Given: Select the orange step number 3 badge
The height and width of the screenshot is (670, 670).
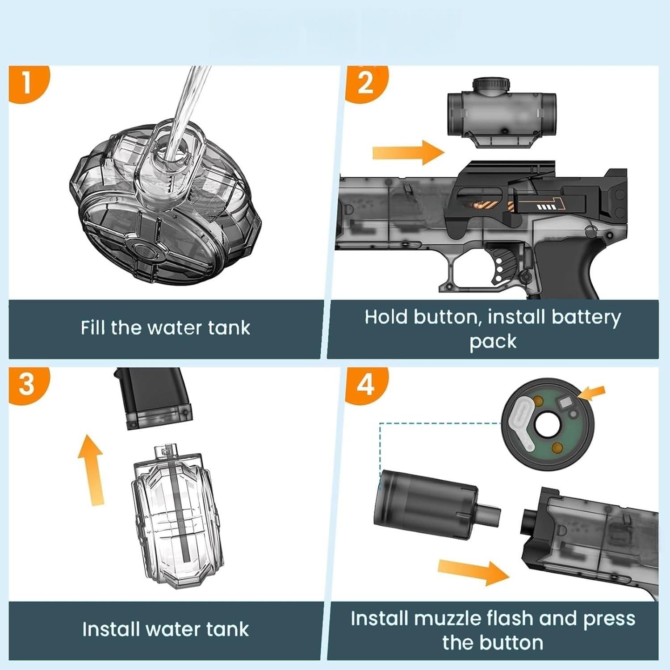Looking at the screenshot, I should click(x=27, y=383).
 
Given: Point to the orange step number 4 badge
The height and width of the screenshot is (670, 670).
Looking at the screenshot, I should click(x=365, y=383).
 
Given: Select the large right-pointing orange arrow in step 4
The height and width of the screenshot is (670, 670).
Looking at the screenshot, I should click(x=473, y=572).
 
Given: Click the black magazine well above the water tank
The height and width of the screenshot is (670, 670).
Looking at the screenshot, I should click(x=154, y=398).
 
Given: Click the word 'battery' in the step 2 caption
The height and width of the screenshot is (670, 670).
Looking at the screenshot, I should click(x=586, y=317).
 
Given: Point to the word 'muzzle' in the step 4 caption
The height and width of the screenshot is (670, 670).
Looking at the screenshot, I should click(x=447, y=619).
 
